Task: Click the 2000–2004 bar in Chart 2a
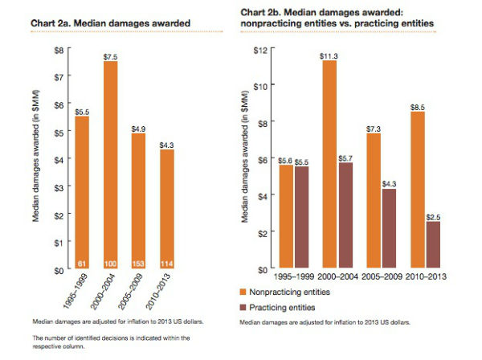pyautogui.click(x=110, y=165)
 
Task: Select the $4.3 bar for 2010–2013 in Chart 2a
pyautogui.click(x=167, y=209)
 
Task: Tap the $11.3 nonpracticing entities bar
pyautogui.click(x=329, y=164)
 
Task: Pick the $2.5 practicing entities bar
pyautogui.click(x=433, y=244)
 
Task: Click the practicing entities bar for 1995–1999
pyautogui.click(x=301, y=217)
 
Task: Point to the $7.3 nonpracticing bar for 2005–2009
pyautogui.click(x=374, y=200)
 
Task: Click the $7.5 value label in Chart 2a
pyautogui.click(x=110, y=57)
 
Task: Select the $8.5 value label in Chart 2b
pyautogui.click(x=418, y=108)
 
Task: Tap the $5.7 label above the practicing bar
pyautogui.click(x=345, y=158)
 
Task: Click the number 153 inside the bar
pyautogui.click(x=138, y=264)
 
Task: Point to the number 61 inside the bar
pyautogui.click(x=82, y=264)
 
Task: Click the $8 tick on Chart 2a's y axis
pyautogui.click(x=59, y=50)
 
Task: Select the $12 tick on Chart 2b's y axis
pyautogui.click(x=260, y=50)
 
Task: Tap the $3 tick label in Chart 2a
pyautogui.click(x=59, y=187)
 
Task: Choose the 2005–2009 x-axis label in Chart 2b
pyautogui.click(x=382, y=276)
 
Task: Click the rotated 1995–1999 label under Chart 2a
pyautogui.click(x=76, y=291)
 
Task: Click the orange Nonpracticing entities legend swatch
pyautogui.click(x=243, y=292)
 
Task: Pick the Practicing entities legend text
pyautogui.click(x=282, y=308)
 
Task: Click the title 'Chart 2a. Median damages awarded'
pyautogui.click(x=110, y=23)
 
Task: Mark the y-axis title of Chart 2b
pyautogui.click(x=244, y=157)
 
